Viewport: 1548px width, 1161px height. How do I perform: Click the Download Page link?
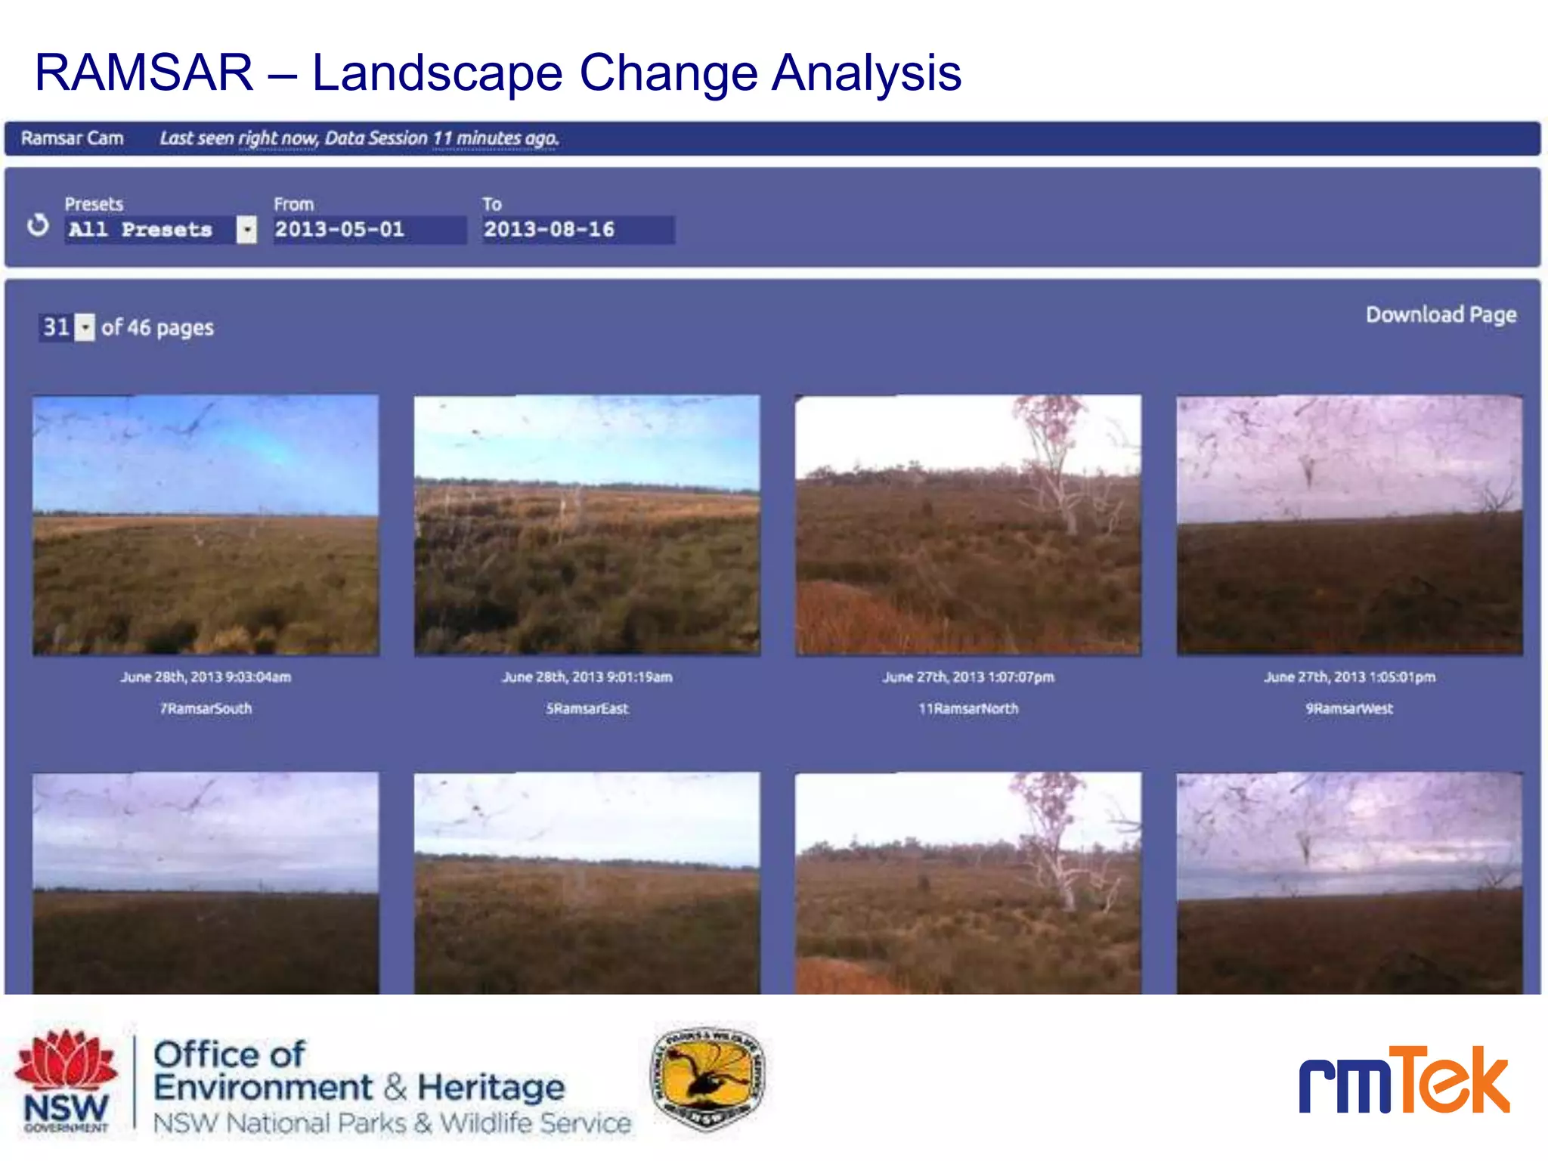coord(1441,314)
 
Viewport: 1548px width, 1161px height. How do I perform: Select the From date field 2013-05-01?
coord(369,229)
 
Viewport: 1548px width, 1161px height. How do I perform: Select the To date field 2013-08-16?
coord(577,229)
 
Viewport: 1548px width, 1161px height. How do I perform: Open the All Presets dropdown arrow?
coord(246,229)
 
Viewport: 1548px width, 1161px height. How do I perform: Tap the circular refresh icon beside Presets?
coord(38,224)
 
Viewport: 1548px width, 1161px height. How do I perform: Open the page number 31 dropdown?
coord(86,327)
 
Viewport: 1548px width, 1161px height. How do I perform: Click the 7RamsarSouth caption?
coord(206,708)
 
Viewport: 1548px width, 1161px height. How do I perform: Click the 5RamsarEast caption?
coord(587,708)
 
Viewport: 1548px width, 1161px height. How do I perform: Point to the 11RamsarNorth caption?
coord(968,708)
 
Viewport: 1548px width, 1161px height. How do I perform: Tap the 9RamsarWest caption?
coord(1349,708)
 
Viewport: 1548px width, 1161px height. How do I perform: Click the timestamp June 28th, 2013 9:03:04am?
coord(206,676)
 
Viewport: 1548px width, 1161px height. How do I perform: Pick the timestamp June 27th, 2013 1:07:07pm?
coord(968,676)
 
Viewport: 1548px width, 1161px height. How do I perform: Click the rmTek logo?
coord(1404,1081)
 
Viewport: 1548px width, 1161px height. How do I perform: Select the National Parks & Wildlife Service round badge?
coord(707,1078)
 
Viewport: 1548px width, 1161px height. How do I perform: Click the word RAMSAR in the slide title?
coord(144,73)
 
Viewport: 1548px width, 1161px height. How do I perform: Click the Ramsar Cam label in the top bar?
coord(72,138)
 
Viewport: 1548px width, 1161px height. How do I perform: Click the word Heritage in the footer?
coord(491,1088)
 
